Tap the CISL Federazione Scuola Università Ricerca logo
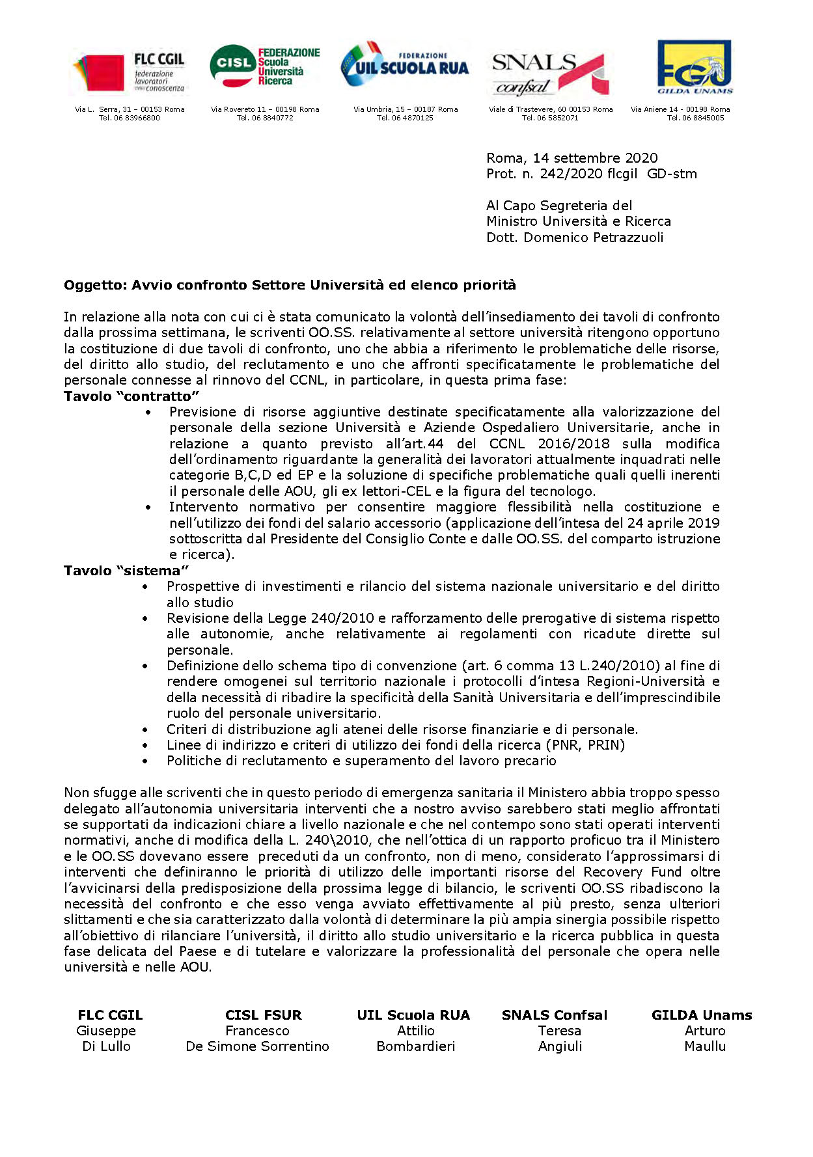coord(264,66)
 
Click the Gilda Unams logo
coord(694,66)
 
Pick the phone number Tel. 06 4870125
coord(405,118)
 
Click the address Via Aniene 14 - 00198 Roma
coord(680,109)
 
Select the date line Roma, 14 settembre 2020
coord(572,158)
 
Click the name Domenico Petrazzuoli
coord(594,238)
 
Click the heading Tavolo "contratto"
coord(131,396)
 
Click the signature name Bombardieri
coord(415,1046)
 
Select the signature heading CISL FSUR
coord(263,1015)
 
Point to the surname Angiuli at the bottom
coord(560,1046)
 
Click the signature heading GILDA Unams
coord(701,1015)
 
